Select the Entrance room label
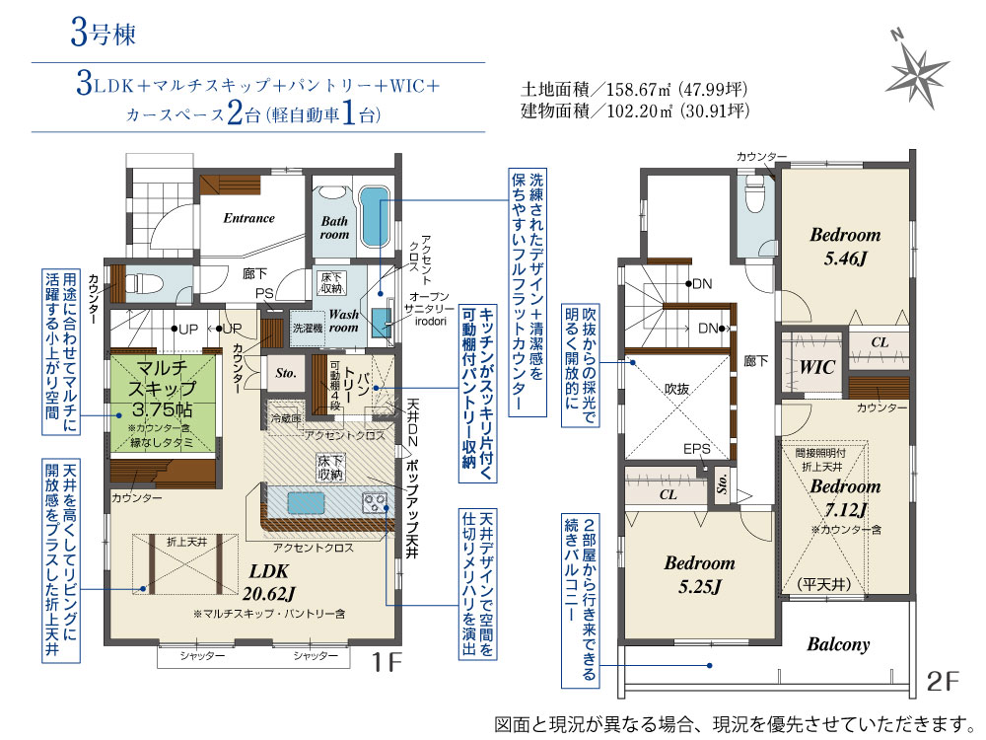[x=249, y=218]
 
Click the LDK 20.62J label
[x=268, y=582]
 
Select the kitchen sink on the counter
[x=307, y=504]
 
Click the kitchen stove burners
[x=375, y=503]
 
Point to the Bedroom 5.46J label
[x=845, y=246]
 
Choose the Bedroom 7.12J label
[x=845, y=497]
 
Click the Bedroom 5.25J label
[x=699, y=574]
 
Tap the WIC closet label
[x=816, y=367]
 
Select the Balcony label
[x=838, y=644]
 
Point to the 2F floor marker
[x=943, y=681]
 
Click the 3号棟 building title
[x=104, y=33]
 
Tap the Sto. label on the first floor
[x=286, y=373]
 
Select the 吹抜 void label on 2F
[x=676, y=390]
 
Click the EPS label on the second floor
[x=697, y=449]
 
